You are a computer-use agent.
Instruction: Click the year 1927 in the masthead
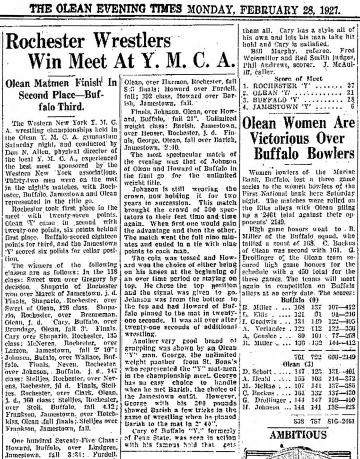point(339,9)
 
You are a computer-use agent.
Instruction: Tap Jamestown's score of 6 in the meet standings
point(352,107)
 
